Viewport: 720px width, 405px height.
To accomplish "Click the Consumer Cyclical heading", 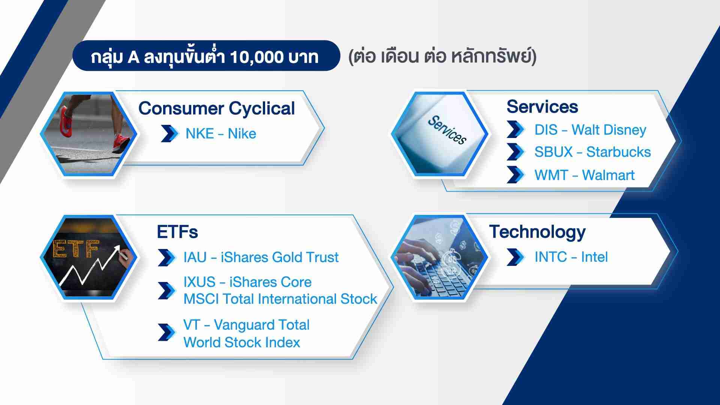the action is click(x=216, y=109).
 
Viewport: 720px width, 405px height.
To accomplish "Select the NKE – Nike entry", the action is click(x=220, y=134).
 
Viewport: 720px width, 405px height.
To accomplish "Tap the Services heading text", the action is click(x=542, y=106).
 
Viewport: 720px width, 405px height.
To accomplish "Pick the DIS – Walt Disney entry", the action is click(x=590, y=130).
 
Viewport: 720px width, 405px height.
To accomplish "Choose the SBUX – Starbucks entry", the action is click(x=592, y=152).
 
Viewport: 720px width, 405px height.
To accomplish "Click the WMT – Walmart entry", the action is click(x=584, y=175).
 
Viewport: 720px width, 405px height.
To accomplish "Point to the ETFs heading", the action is click(x=177, y=232).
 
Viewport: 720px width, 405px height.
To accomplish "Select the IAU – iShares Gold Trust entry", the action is click(x=261, y=257).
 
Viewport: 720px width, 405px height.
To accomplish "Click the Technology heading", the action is click(x=537, y=232).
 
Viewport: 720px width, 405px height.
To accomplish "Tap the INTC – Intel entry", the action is click(x=571, y=257).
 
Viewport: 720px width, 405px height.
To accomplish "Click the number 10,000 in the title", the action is click(x=256, y=57).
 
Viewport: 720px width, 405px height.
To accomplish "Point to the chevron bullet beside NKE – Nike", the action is click(x=170, y=133).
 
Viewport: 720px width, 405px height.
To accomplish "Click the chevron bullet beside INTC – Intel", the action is click(x=516, y=257).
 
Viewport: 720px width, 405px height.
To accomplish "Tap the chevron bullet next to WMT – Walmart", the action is click(x=516, y=175).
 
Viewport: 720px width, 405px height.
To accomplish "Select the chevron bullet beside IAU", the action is click(x=167, y=258).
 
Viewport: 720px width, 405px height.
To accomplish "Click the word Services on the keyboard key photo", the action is click(x=447, y=130).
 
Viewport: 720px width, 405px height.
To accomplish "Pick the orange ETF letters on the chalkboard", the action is click(x=76, y=249).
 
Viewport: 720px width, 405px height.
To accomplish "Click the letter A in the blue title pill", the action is click(x=133, y=57).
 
